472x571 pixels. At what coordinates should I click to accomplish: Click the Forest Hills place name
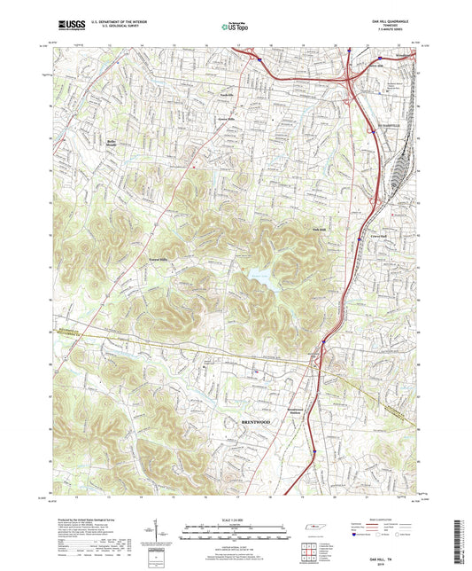(x=157, y=259)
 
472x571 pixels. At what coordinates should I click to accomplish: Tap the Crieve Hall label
(x=378, y=237)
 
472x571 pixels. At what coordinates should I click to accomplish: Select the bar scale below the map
(x=235, y=532)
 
